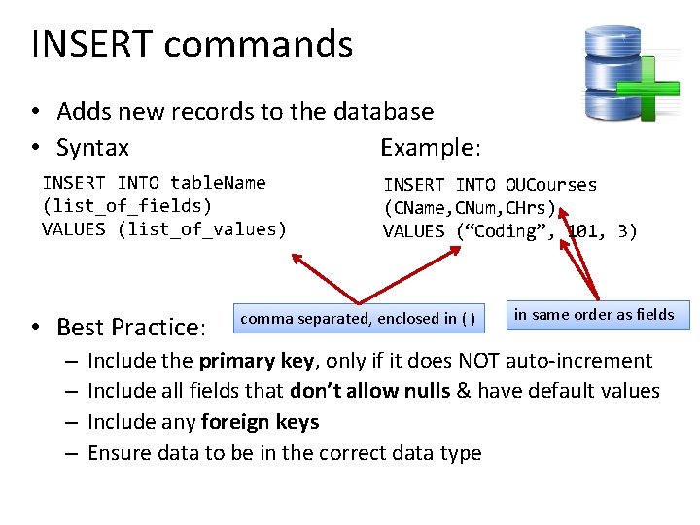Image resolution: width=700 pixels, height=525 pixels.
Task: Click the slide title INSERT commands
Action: (192, 45)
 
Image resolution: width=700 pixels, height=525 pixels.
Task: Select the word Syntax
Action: (92, 148)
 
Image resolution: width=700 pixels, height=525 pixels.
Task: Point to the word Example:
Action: (430, 148)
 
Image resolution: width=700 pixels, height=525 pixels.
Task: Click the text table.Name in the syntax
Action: (218, 183)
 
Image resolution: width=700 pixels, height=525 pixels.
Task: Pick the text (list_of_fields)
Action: (126, 206)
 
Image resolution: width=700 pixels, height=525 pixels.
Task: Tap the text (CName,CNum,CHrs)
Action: (471, 208)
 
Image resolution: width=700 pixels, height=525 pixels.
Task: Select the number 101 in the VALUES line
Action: (583, 231)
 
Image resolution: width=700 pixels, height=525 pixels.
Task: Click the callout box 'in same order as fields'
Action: (594, 314)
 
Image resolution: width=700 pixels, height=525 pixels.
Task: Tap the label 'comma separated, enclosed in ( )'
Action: (358, 319)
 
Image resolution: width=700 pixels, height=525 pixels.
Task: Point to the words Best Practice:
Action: (131, 327)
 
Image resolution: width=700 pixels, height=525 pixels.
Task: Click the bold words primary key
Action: (256, 361)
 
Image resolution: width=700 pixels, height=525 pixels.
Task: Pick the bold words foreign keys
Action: (260, 422)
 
